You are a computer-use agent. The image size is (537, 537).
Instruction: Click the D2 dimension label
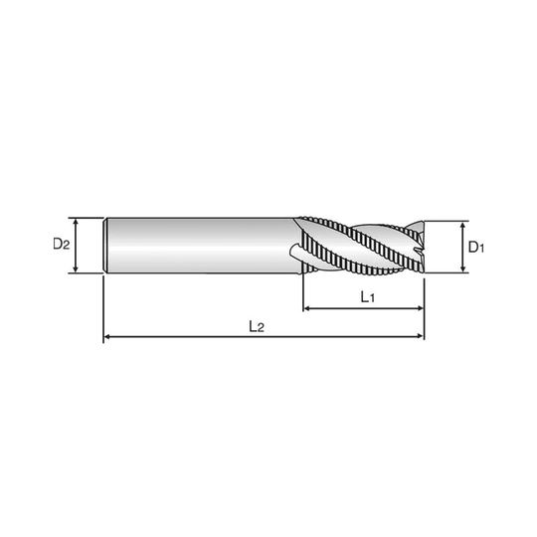coord(62,244)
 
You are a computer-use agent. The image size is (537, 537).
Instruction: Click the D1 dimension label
coord(476,247)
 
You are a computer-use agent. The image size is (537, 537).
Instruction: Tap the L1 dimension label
coord(368,297)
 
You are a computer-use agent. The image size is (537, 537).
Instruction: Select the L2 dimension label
coord(257,326)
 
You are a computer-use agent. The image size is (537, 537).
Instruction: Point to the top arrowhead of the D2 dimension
coord(76,222)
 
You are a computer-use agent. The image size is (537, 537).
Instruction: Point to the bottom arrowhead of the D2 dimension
coord(76,269)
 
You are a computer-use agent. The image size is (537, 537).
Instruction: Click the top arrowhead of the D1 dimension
coord(463,225)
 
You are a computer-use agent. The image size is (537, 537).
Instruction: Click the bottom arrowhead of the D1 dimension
coord(463,269)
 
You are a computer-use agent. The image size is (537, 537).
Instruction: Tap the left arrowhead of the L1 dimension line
coord(307,308)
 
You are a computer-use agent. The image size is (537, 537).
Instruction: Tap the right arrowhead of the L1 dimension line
coord(421,308)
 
